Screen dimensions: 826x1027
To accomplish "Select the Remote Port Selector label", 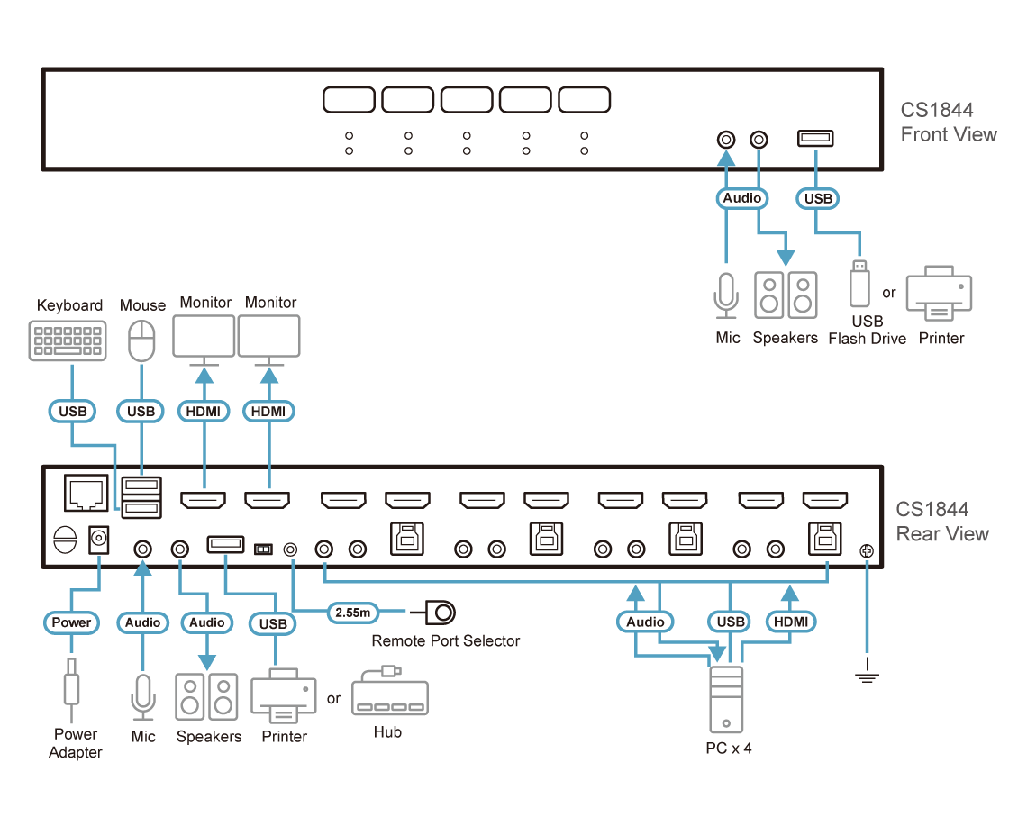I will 446,641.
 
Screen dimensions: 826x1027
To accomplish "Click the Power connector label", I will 71,622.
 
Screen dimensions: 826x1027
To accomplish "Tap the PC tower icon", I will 725,699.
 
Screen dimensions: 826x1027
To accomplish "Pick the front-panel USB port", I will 815,139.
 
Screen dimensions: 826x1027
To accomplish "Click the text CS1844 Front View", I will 948,123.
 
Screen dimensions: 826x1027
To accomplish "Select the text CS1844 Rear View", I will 942,522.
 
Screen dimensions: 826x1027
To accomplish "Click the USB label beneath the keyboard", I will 72,412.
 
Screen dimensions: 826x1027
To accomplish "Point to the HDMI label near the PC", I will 790,622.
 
